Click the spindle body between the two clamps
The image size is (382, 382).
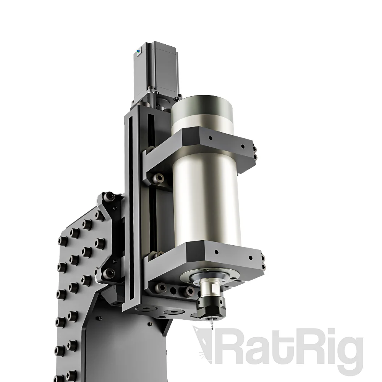(206, 199)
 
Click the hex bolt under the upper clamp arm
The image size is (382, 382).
(157, 177)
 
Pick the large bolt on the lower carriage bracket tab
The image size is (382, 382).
(109, 272)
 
